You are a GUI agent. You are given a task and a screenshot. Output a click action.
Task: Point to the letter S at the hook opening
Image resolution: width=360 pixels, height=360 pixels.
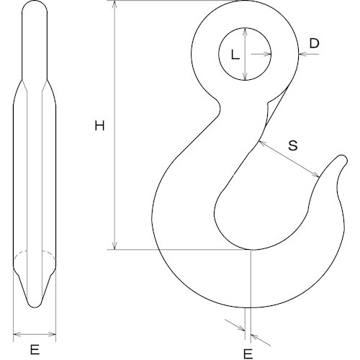pos(293,145)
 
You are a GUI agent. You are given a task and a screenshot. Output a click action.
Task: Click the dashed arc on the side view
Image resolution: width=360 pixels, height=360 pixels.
pos(35,253)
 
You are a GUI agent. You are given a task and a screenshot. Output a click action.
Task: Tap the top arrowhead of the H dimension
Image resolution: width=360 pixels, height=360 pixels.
pos(114,4)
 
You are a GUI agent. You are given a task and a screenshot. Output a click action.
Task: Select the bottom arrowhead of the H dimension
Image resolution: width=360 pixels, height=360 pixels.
pos(114,247)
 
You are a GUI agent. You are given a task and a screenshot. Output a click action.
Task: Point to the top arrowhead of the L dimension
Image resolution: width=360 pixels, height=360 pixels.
pos(246,30)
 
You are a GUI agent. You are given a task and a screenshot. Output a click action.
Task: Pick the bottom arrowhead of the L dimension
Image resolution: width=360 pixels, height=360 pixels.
pos(246,78)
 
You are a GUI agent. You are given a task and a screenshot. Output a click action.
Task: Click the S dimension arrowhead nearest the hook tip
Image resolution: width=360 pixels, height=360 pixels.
pos(317,176)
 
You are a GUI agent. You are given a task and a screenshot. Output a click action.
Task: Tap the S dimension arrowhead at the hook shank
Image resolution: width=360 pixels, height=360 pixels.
pos(259,142)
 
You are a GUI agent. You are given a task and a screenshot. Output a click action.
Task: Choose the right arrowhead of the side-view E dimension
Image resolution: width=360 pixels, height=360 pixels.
pos(54,334)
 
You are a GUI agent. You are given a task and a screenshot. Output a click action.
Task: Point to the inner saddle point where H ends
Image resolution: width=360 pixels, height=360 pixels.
pos(250,250)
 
